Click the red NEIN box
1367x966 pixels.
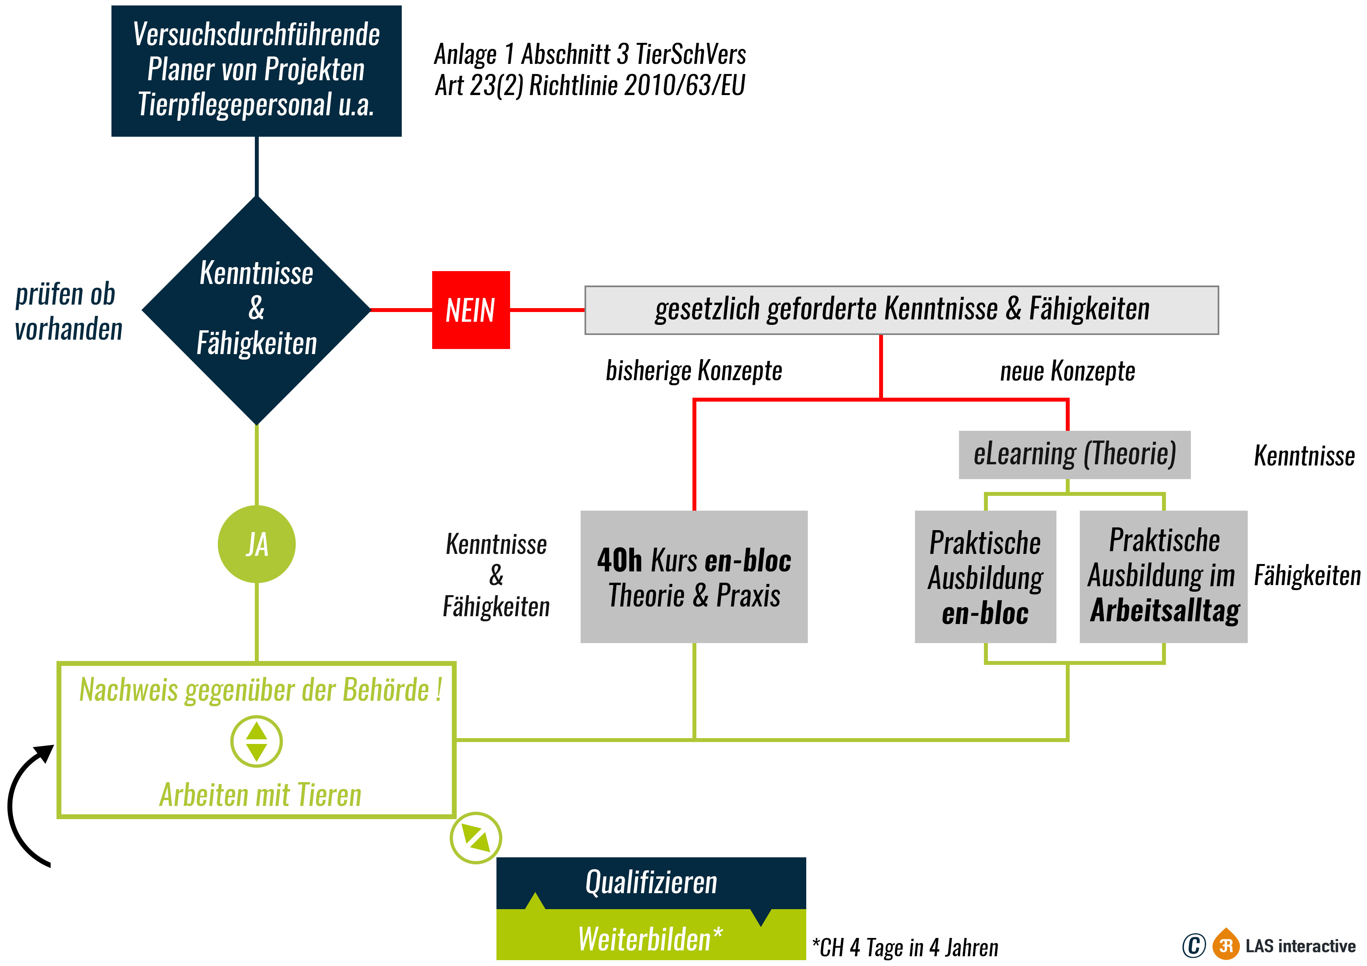click(x=470, y=310)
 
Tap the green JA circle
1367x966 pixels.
click(x=257, y=544)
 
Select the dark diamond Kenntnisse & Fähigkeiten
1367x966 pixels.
click(x=257, y=310)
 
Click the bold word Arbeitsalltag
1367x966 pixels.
click(x=1165, y=611)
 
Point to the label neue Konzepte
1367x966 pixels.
click(x=1067, y=371)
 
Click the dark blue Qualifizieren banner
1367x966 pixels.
click(x=651, y=882)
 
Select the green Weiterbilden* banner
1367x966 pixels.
click(x=651, y=939)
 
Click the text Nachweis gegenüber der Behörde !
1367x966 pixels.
click(x=260, y=691)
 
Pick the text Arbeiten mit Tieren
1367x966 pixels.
click(x=260, y=795)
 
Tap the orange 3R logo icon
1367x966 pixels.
click(x=1226, y=945)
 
